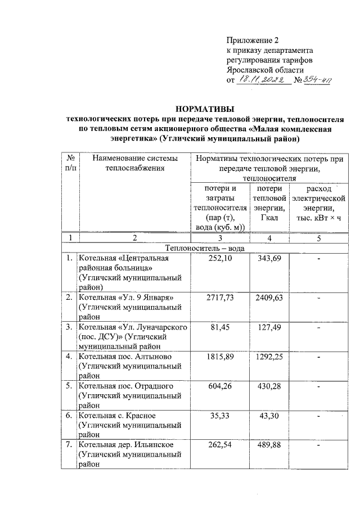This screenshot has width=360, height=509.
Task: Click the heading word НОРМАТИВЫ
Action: coord(204,109)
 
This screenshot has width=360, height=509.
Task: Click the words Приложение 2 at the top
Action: coord(253,40)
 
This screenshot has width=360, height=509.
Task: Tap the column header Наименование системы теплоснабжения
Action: coord(135,163)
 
